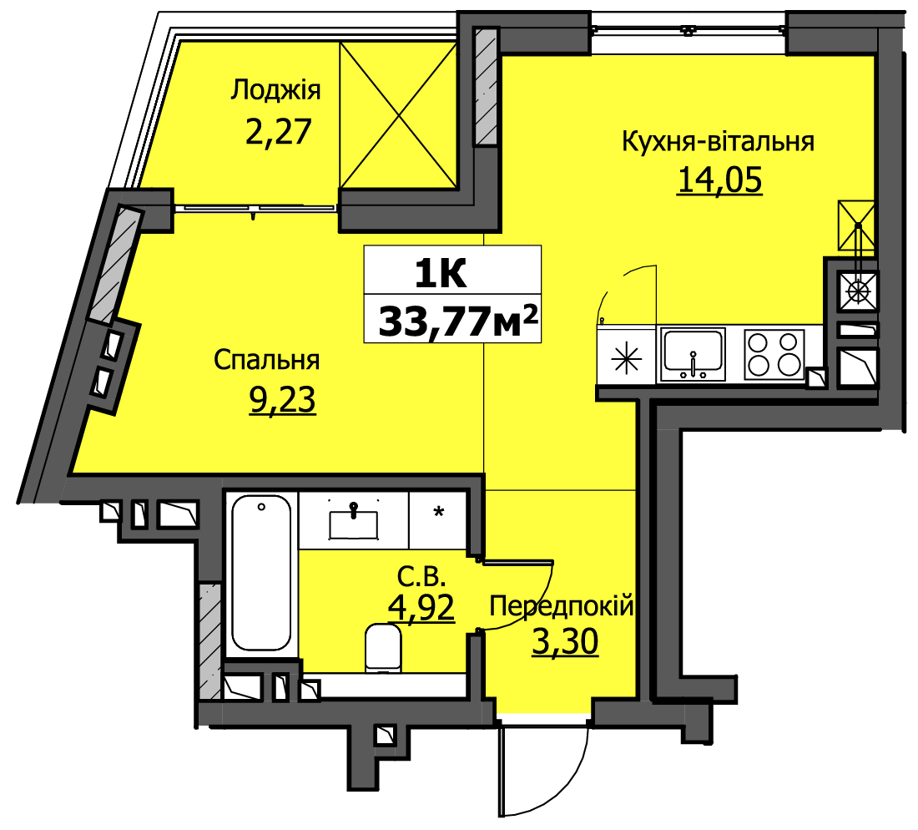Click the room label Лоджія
(x=275, y=91)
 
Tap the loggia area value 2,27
(x=278, y=131)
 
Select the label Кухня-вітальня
(x=718, y=142)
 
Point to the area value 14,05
(x=719, y=180)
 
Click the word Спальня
(x=266, y=360)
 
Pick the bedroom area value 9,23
(x=283, y=400)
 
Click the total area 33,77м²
(x=458, y=321)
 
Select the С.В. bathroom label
(x=421, y=578)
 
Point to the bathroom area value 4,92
(x=421, y=607)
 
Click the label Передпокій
(x=562, y=605)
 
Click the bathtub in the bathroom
(x=261, y=572)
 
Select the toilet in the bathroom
(x=383, y=648)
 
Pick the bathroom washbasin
(x=354, y=523)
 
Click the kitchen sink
(x=694, y=355)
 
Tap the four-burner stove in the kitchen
(x=774, y=355)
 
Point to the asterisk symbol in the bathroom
(x=438, y=513)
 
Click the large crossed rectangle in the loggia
(x=398, y=115)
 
